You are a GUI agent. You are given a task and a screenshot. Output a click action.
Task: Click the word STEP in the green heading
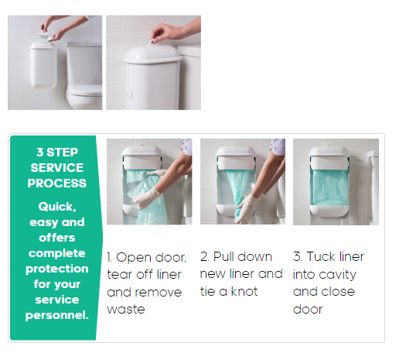pos(62,153)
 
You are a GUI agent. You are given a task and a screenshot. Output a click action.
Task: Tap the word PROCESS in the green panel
pos(57,183)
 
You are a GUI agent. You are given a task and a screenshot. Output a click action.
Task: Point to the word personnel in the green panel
pos(57,315)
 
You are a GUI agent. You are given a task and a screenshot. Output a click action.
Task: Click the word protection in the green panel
pos(57,269)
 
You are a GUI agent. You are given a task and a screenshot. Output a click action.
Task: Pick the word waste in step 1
pos(126,310)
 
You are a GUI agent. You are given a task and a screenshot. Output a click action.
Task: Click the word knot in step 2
pos(244,291)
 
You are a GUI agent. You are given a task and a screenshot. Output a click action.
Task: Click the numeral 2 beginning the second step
pos(204,256)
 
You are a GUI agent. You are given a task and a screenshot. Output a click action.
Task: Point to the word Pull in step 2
pos(223,256)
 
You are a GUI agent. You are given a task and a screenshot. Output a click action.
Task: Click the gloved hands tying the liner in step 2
pos(247,208)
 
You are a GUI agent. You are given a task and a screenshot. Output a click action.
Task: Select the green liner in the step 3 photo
pos(329,187)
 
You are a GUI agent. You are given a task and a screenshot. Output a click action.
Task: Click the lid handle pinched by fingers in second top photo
pos(154,43)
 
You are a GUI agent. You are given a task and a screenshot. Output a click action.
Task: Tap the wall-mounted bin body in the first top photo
pos(43,66)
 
